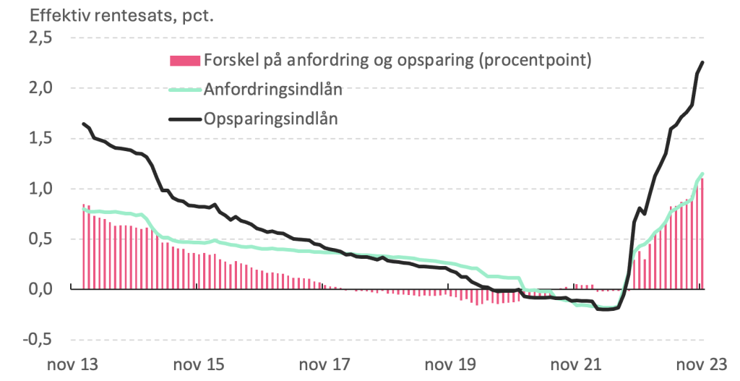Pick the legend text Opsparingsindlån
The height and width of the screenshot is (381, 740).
coord(271,119)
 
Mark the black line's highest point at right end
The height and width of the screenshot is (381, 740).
coord(703,62)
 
